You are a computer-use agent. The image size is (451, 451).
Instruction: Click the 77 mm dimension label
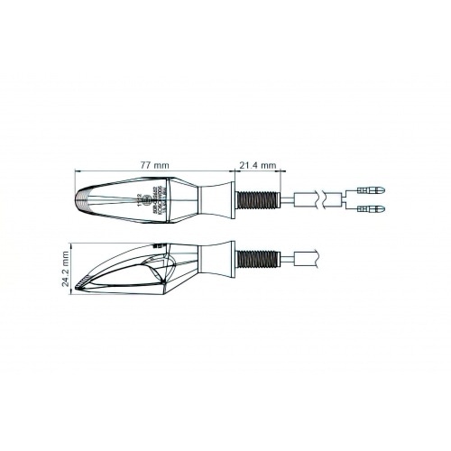[154, 165]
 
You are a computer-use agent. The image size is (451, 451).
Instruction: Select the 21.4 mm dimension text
[257, 165]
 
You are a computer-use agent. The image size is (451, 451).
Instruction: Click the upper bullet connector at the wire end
[371, 189]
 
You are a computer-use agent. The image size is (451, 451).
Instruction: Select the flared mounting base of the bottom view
[216, 259]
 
